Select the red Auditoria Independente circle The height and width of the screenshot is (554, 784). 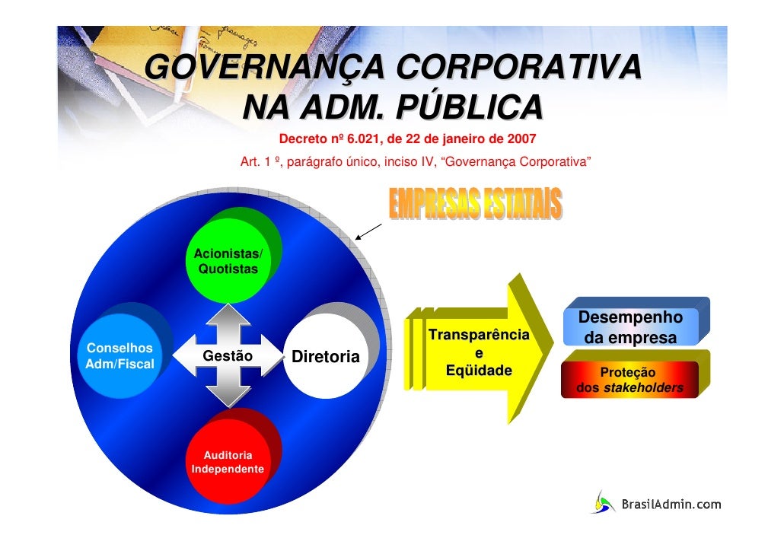(228, 461)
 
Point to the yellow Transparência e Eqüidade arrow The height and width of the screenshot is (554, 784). (480, 353)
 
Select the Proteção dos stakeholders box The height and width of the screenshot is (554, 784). (629, 380)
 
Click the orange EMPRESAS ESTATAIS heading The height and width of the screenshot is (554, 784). (476, 204)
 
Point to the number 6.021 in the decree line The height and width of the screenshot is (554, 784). (364, 140)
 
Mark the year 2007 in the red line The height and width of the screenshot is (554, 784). (522, 140)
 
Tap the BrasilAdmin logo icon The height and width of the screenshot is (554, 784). (604, 502)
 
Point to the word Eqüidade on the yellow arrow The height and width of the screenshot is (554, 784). (479, 371)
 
